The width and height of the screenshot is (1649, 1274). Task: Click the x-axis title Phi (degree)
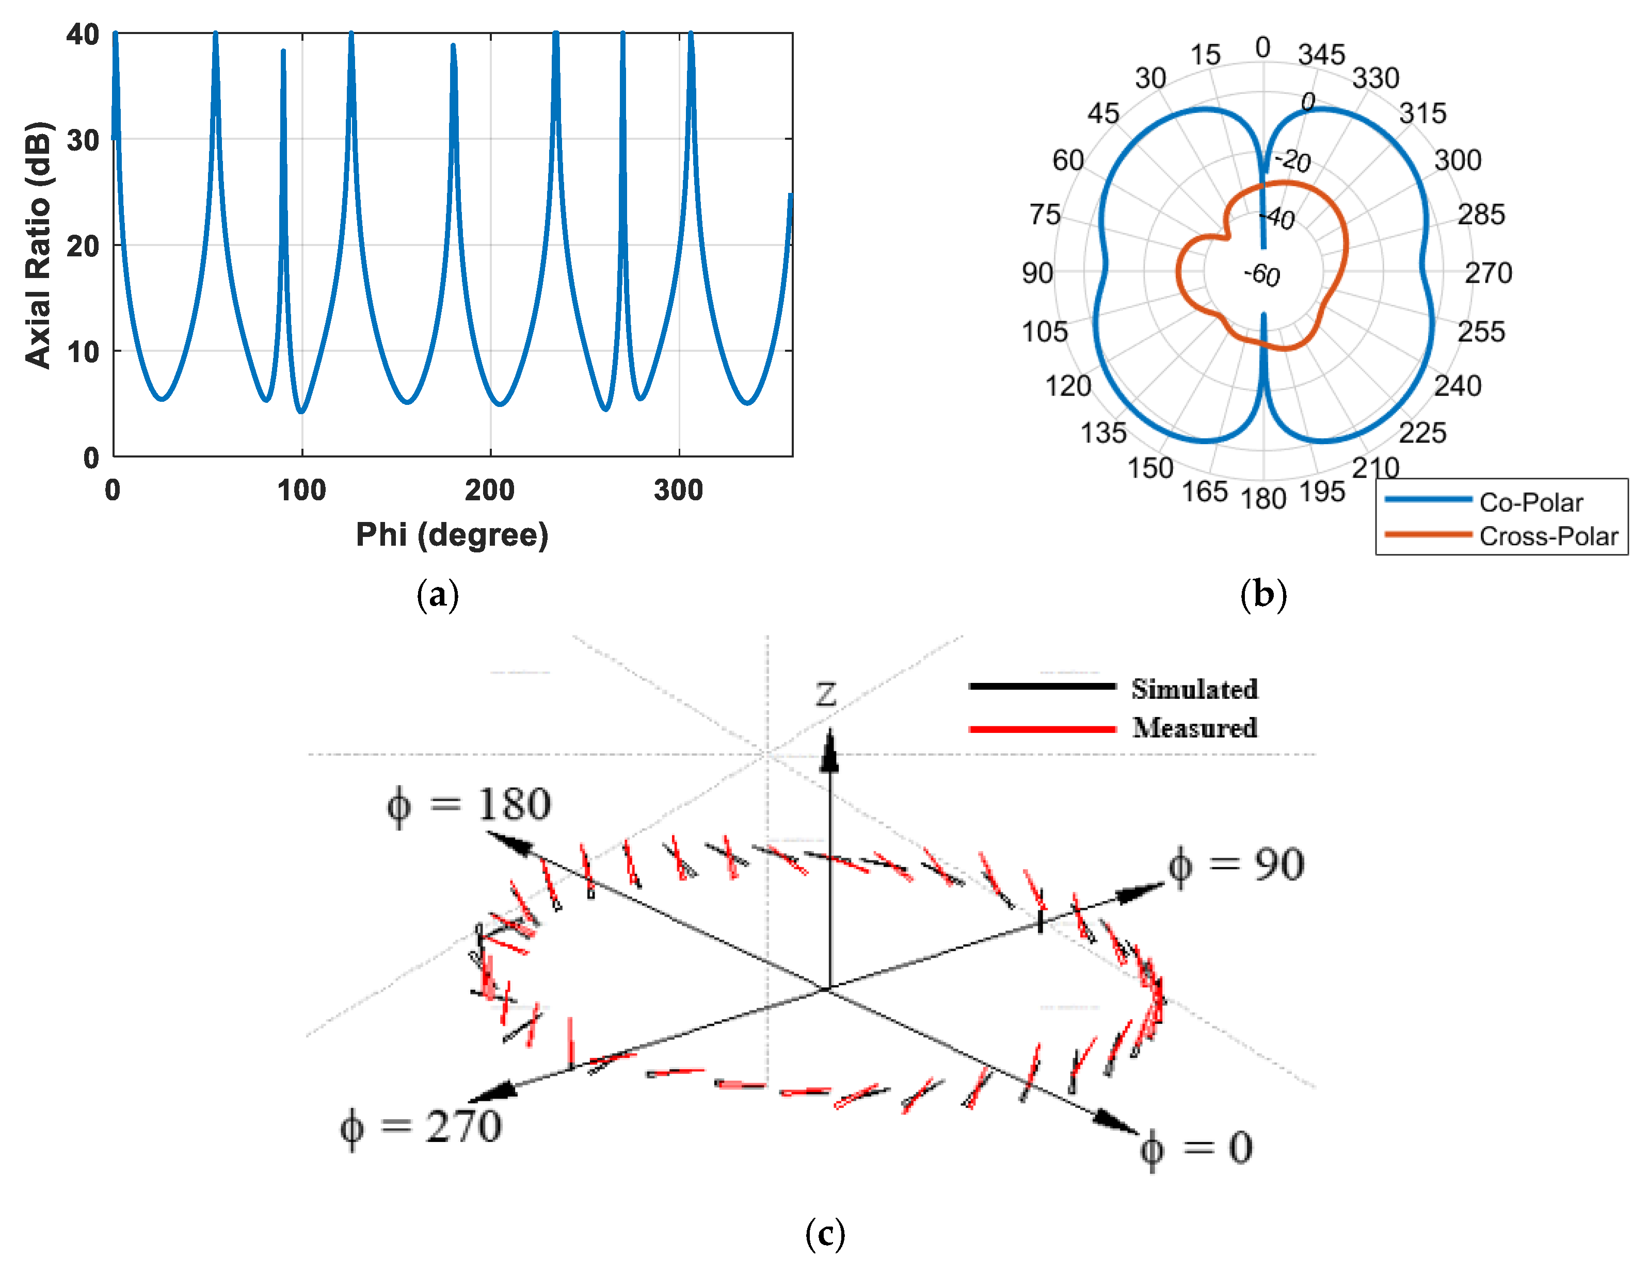point(452,534)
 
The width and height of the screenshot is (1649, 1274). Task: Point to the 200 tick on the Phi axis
point(489,491)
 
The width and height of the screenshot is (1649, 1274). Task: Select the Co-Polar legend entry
point(1530,502)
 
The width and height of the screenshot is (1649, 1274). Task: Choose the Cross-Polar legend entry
point(1548,536)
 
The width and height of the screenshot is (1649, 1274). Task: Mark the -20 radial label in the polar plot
point(1293,160)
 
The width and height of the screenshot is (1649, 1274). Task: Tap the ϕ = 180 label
point(469,805)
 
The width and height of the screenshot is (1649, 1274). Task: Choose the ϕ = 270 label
point(421,1128)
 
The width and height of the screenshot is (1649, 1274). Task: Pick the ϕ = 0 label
point(1196,1149)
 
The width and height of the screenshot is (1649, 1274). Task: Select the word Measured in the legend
point(1194,728)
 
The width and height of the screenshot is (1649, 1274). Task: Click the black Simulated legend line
point(1042,686)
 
